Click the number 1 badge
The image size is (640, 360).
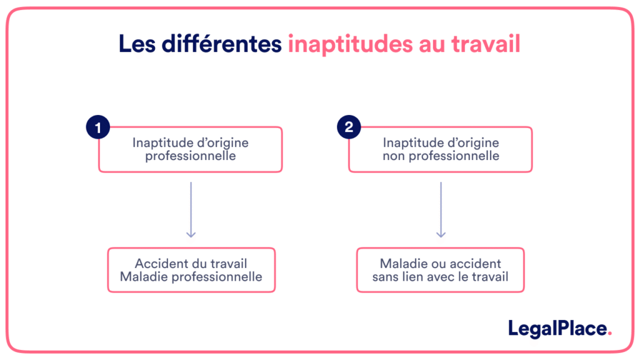pos(97,127)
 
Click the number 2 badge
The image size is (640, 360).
pos(349,127)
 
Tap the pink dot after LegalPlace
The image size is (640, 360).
pos(610,333)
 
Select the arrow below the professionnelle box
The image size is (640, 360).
pos(191,209)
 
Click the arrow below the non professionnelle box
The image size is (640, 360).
pos(441,209)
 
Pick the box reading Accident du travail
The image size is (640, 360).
pos(191,270)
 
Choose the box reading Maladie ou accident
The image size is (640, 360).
pos(441,270)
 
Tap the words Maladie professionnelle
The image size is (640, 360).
pos(191,277)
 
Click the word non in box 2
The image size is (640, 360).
pos(394,156)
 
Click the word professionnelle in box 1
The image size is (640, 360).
pos(191,156)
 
